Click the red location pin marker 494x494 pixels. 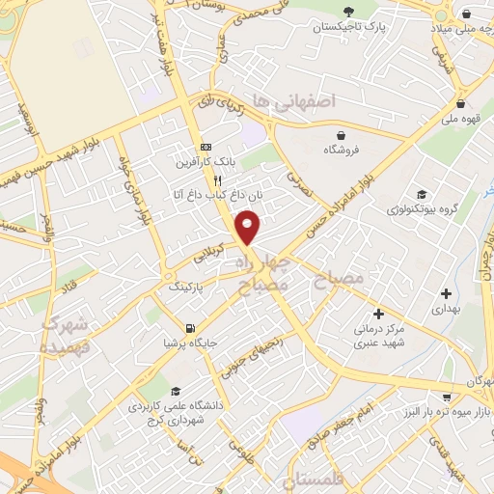pos(249,227)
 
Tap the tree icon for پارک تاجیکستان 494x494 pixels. pos(347,13)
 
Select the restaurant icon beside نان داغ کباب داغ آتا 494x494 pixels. pos(218,180)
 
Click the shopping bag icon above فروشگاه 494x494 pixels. pos(341,135)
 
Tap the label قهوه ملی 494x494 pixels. pos(461,123)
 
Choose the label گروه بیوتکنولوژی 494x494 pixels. pos(421,207)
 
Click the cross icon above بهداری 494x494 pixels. pos(445,292)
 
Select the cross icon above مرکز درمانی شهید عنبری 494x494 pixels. pos(378,314)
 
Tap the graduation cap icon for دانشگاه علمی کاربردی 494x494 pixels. pos(177,391)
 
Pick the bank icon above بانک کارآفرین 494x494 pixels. pos(204,148)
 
